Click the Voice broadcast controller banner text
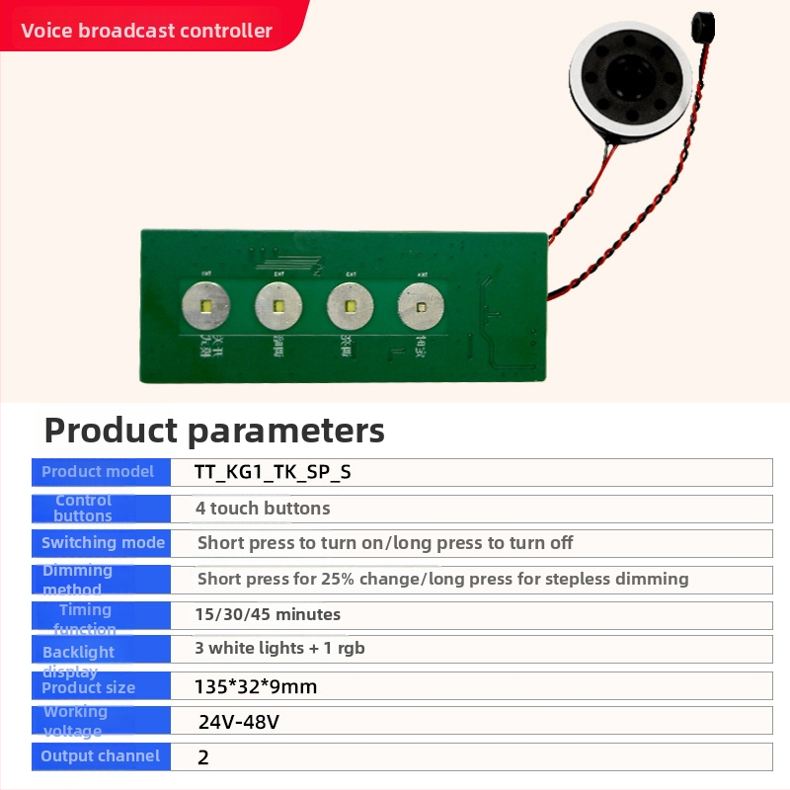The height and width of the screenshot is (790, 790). click(146, 31)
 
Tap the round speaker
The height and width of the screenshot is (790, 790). click(628, 78)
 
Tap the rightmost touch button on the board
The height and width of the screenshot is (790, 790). click(422, 308)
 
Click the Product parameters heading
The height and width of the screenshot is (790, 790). click(214, 431)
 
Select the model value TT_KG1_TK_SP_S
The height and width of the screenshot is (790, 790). click(274, 472)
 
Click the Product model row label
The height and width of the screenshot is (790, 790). click(98, 472)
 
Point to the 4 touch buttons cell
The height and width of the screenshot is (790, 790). click(263, 509)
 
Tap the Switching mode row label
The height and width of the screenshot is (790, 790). click(103, 543)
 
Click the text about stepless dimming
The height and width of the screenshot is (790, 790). click(442, 579)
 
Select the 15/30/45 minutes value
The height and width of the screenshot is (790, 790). click(268, 614)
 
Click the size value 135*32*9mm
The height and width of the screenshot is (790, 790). click(256, 686)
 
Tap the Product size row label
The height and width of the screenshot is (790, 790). click(89, 687)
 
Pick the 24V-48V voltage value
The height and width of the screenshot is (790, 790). click(239, 722)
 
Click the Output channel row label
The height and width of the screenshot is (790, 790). click(100, 756)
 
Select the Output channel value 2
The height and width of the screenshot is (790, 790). click(203, 757)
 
